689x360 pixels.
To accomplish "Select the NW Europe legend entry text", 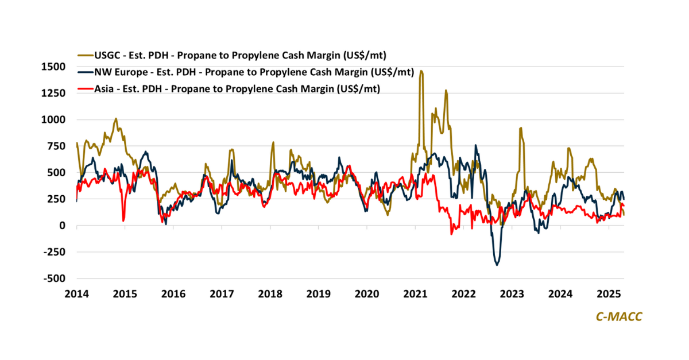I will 251,72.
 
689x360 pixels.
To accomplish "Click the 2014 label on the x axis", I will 76,295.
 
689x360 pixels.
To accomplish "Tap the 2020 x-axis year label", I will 367,295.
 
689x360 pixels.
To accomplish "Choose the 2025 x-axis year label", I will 609,295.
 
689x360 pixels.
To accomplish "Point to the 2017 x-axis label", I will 222,295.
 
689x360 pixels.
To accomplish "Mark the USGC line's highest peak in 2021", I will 421,71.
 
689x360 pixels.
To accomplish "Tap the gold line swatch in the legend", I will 84,55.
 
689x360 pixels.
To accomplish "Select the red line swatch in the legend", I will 84,88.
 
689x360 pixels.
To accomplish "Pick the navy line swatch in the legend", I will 84,72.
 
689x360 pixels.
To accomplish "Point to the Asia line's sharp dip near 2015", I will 123,220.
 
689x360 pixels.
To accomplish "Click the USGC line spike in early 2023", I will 520,128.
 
